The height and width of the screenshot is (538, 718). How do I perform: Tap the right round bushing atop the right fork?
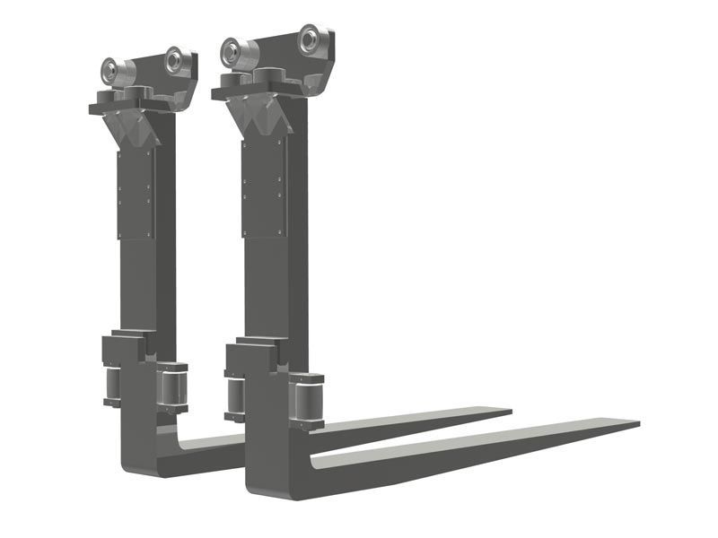[x=311, y=39]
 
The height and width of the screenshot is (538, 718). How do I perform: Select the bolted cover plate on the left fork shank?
[x=136, y=193]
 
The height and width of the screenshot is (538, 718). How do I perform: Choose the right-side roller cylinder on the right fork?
[x=306, y=398]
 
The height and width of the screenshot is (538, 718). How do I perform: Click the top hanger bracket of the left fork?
[x=144, y=85]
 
